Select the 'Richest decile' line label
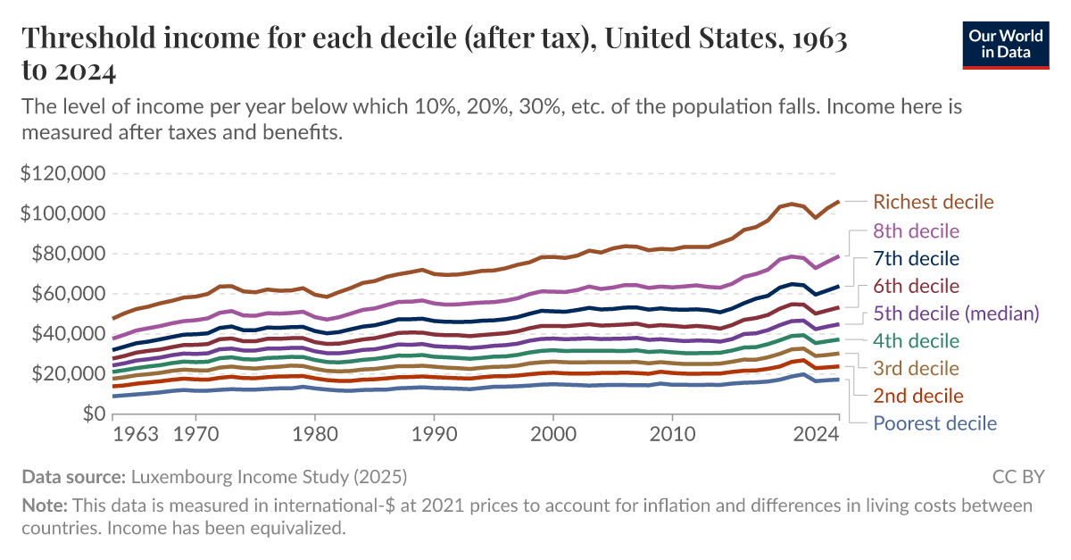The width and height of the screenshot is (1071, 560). (933, 202)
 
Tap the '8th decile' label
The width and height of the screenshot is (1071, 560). (917, 231)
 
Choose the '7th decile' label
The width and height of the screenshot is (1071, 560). (917, 259)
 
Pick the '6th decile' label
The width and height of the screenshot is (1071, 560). (917, 286)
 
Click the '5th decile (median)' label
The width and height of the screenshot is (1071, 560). (957, 313)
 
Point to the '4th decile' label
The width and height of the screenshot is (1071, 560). (917, 341)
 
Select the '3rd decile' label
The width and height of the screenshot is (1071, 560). (917, 368)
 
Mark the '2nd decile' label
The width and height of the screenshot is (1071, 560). (918, 396)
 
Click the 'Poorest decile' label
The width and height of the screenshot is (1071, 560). (934, 423)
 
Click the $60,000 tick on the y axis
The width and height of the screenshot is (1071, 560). (67, 294)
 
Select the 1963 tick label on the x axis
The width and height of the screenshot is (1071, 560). (136, 436)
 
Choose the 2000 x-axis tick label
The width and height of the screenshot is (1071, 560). (553, 436)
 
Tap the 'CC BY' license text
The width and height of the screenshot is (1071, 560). (1017, 476)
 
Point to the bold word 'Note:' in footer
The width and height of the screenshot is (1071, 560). (45, 506)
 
